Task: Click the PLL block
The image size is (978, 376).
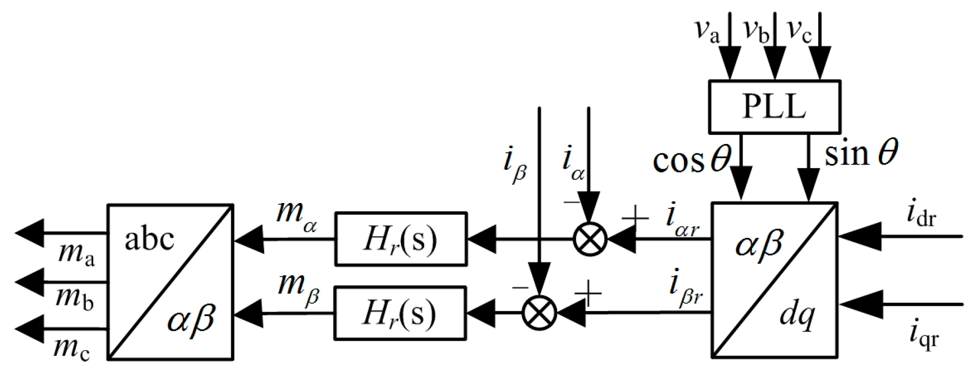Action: coord(774,106)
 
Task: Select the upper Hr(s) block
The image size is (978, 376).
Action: coord(400,238)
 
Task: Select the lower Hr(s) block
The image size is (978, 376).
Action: coord(400,312)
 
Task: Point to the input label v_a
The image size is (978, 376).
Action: coord(707,31)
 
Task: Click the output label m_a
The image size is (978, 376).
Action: coord(76,255)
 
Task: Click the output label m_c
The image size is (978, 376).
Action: coord(73,348)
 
